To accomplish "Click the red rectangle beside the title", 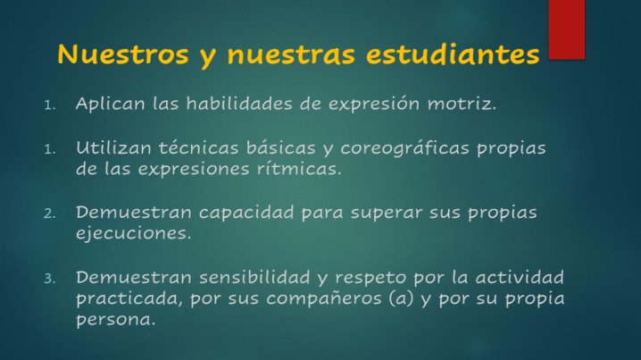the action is point(567,29).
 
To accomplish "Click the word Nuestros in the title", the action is point(123,54).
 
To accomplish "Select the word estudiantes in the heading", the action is point(453,54).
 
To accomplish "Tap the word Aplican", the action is point(111,104).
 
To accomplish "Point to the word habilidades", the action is point(239,103).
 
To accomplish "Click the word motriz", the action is point(462,104).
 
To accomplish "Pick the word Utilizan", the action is point(113,147).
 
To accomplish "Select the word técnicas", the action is point(199,147).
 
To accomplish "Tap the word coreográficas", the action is point(404,148).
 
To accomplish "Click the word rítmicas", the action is point(299,169).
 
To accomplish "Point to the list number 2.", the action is point(49,213).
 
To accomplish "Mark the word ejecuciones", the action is point(134,233).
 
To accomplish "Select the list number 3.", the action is point(49,279).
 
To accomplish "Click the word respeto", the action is point(370,279).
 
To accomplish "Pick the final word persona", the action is point(116,320).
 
